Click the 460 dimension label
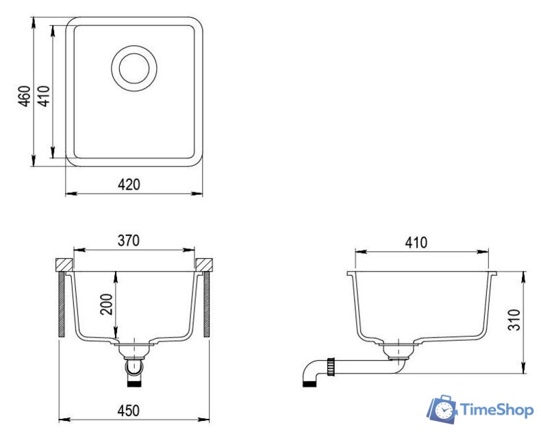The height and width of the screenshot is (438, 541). coord(25,96)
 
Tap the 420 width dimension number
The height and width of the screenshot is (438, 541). coord(129,185)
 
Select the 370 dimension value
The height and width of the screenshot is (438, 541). coord(128,241)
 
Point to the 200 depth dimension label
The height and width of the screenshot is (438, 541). coord(107,304)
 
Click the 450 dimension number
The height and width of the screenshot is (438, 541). coord(129,411)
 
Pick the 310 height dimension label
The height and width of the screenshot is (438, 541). coord(514,320)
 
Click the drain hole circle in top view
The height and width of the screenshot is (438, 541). coord(134,68)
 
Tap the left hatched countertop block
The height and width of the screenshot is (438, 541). coord(64,264)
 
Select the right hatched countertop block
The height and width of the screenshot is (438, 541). coord(204,264)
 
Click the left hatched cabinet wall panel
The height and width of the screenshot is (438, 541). coord(62,304)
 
